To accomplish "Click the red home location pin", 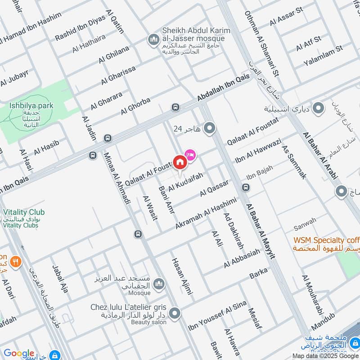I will (180, 162).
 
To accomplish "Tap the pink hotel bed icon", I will (190, 155).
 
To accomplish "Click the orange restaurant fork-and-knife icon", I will (16, 261).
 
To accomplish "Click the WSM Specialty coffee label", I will (327, 240).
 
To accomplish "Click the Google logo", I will (19, 353).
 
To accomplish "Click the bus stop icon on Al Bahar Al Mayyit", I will (246, 187).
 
